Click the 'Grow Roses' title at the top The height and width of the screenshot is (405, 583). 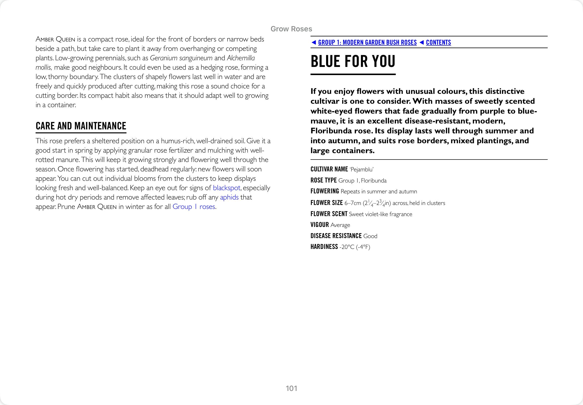(x=291, y=29)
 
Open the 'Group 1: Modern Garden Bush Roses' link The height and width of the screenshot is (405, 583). (x=367, y=42)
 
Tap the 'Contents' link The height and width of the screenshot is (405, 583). (x=438, y=42)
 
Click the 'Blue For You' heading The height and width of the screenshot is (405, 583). (x=353, y=61)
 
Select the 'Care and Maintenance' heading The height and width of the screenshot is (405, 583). (x=81, y=126)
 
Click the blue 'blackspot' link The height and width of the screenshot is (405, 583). (x=226, y=188)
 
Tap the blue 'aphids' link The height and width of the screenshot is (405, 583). (x=229, y=197)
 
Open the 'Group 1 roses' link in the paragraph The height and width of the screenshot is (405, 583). (x=194, y=206)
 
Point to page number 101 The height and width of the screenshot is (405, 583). (x=291, y=388)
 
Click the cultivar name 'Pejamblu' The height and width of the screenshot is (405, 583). (x=361, y=169)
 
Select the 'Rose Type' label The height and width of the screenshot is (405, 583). (x=323, y=180)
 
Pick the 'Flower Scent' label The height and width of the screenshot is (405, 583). (x=329, y=214)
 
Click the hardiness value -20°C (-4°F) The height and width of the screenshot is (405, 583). (x=354, y=247)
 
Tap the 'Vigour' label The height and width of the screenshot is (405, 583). (x=320, y=225)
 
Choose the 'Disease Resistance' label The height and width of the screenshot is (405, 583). (x=336, y=236)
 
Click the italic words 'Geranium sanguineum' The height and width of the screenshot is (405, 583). (x=181, y=58)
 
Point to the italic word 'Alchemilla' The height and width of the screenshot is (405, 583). (x=241, y=58)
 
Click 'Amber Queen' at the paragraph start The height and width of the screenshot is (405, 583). (x=55, y=39)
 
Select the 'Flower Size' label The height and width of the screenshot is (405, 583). (x=326, y=203)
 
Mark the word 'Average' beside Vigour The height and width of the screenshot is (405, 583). (x=340, y=225)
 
